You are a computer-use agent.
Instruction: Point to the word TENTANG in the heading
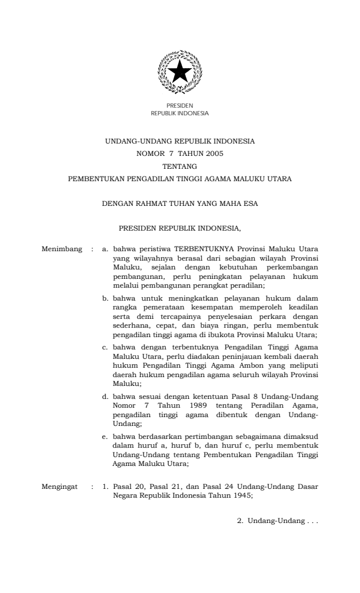179,165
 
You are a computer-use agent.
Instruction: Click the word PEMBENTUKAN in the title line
96,178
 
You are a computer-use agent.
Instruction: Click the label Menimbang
62,249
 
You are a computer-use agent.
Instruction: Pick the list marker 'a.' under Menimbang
106,249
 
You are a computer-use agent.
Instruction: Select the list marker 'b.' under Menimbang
106,298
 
